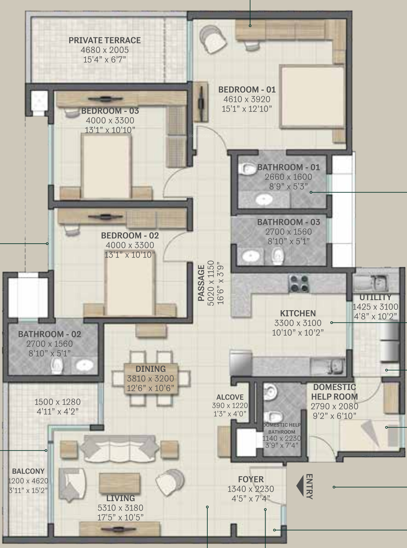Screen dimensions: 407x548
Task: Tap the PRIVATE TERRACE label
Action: point(105,40)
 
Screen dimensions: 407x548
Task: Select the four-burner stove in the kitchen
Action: point(298,284)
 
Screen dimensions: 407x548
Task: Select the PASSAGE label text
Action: point(201,283)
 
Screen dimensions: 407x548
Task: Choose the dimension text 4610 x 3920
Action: point(247,99)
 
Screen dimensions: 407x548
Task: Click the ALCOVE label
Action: point(230,397)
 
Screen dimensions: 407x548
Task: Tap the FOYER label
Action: point(251,479)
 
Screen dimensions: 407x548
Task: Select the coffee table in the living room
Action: point(120,483)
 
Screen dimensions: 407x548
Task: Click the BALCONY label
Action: point(28,471)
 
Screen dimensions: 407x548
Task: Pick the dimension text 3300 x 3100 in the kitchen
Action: point(298,323)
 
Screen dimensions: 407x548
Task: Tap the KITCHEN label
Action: point(298,314)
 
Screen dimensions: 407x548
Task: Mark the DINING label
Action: point(151,369)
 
